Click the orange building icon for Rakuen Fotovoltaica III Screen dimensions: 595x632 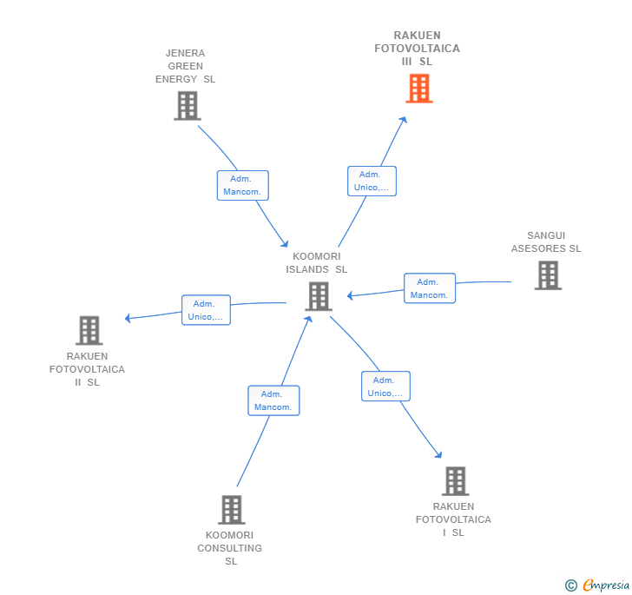click(418, 88)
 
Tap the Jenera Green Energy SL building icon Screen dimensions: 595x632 click(187, 105)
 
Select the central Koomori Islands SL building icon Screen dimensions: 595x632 click(319, 296)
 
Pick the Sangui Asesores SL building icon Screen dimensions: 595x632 click(547, 275)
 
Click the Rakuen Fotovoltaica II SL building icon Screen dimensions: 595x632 click(89, 330)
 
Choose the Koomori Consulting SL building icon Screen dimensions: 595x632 click(231, 509)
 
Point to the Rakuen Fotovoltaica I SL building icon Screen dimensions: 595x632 click(454, 480)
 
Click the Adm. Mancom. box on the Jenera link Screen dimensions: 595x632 click(242, 185)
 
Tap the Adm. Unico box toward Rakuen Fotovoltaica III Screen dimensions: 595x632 click(372, 181)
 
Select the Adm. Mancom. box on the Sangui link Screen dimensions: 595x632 click(429, 288)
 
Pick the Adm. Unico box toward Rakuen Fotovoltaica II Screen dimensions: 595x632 click(206, 310)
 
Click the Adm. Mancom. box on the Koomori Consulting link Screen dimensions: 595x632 click(273, 400)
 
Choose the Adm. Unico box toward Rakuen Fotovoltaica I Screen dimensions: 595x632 click(385, 387)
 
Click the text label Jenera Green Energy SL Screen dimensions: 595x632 click(185, 66)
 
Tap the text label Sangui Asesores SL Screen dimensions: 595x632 click(546, 241)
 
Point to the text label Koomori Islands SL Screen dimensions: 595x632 click(316, 262)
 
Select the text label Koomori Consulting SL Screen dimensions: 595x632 click(230, 548)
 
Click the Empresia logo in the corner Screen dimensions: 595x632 click(597, 585)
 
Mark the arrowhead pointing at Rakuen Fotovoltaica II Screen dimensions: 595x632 click(128, 318)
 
